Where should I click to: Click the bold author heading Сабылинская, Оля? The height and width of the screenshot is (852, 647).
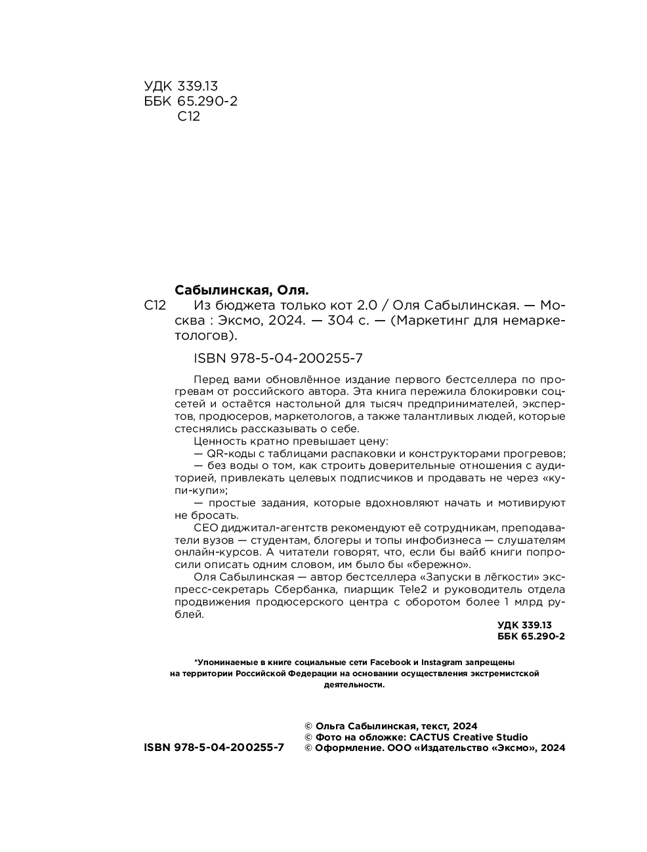241,290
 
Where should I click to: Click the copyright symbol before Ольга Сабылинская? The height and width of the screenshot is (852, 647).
309,726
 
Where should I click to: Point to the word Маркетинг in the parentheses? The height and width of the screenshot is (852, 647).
431,321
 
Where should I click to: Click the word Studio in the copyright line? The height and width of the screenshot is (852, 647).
512,737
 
